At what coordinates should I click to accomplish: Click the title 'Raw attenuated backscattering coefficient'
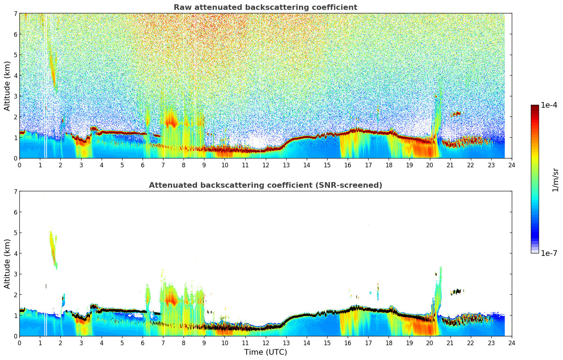[x=265, y=7]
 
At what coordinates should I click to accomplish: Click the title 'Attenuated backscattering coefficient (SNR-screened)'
[x=265, y=185]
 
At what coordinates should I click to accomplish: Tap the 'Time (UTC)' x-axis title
[x=265, y=352]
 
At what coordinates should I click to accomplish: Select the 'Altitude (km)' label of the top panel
[x=7, y=86]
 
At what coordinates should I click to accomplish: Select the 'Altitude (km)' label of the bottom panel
[x=7, y=264]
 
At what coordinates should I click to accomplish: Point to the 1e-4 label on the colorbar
[x=549, y=105]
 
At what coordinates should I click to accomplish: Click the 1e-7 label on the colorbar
[x=549, y=253]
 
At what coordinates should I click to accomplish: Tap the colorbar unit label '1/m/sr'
[x=555, y=179]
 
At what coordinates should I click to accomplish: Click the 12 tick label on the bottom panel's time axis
[x=265, y=343]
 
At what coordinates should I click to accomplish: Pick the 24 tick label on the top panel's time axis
[x=512, y=165]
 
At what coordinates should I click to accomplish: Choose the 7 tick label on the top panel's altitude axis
[x=15, y=14]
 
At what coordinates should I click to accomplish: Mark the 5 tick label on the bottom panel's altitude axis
[x=15, y=233]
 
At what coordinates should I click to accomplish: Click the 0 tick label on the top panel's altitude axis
[x=15, y=158]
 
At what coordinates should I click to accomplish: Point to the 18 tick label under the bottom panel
[x=389, y=343]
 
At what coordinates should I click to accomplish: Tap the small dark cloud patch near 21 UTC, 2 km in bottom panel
[x=457, y=292]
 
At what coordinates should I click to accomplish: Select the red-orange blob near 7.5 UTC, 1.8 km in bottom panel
[x=172, y=299]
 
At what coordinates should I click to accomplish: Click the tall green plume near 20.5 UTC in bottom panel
[x=438, y=289]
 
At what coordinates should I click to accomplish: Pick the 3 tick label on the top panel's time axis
[x=81, y=165]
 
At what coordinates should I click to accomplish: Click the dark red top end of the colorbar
[x=535, y=107]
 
